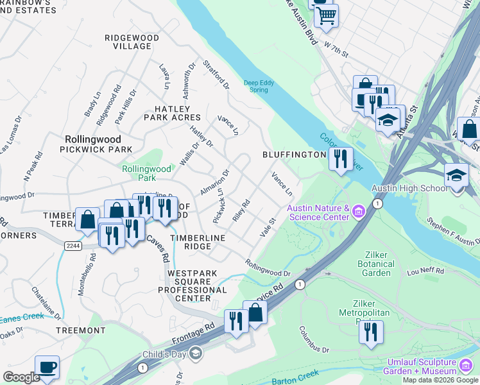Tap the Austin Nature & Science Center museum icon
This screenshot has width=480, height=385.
pyautogui.click(x=358, y=211)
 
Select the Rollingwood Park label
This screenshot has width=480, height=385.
pyautogui.click(x=147, y=173)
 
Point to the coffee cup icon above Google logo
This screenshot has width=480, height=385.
pyautogui.click(x=47, y=368)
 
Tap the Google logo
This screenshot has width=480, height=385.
pyautogui.click(x=21, y=377)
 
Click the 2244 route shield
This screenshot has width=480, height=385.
pyautogui.click(x=72, y=245)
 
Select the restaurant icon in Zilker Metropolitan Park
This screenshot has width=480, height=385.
pyautogui.click(x=371, y=332)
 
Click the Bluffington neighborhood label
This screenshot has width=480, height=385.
pyautogui.click(x=294, y=155)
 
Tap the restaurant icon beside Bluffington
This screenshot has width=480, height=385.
pyautogui.click(x=341, y=157)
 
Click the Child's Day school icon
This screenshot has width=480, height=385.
pyautogui.click(x=195, y=354)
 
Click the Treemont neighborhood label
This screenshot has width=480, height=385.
pyautogui.click(x=80, y=330)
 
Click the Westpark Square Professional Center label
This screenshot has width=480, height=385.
pyautogui.click(x=198, y=286)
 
